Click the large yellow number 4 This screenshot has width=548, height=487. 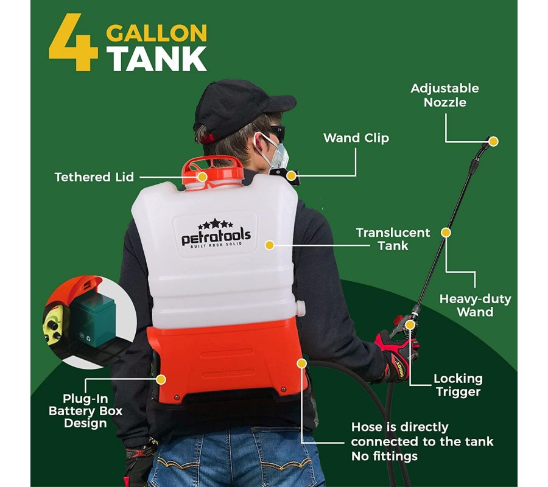(74, 42)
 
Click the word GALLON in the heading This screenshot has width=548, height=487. (156, 33)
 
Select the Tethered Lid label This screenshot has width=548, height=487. (94, 177)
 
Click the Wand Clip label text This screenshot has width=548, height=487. (356, 138)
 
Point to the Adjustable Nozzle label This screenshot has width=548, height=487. (444, 95)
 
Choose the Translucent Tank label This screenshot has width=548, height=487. (393, 239)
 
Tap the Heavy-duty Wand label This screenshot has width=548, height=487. (475, 306)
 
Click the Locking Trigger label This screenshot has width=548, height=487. (458, 385)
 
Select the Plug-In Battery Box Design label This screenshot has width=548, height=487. (85, 411)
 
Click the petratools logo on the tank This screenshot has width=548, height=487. (216, 234)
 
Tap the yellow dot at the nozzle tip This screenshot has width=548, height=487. (493, 141)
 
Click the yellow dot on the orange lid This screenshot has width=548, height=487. (202, 177)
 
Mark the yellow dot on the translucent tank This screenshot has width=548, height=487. (269, 245)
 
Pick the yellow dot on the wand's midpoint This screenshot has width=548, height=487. (446, 233)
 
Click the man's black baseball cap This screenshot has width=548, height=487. (237, 108)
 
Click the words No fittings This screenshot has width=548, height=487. (384, 456)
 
